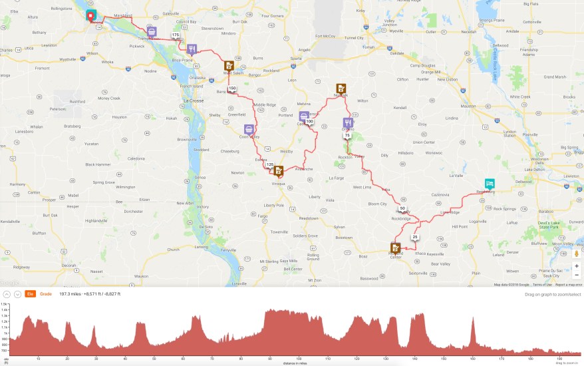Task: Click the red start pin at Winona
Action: [90, 14]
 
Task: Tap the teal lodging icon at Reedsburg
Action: [490, 184]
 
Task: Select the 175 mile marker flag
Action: [175, 35]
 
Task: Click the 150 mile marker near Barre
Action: [232, 89]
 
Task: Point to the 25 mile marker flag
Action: [415, 237]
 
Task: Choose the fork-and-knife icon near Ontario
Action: [347, 122]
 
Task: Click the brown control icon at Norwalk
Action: [341, 89]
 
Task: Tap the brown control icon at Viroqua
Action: [279, 170]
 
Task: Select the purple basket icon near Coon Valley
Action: [249, 129]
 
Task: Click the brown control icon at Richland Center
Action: [395, 248]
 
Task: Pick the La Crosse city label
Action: [193, 100]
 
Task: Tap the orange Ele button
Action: [30, 293]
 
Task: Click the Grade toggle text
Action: [46, 293]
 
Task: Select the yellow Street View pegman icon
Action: [577, 252]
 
